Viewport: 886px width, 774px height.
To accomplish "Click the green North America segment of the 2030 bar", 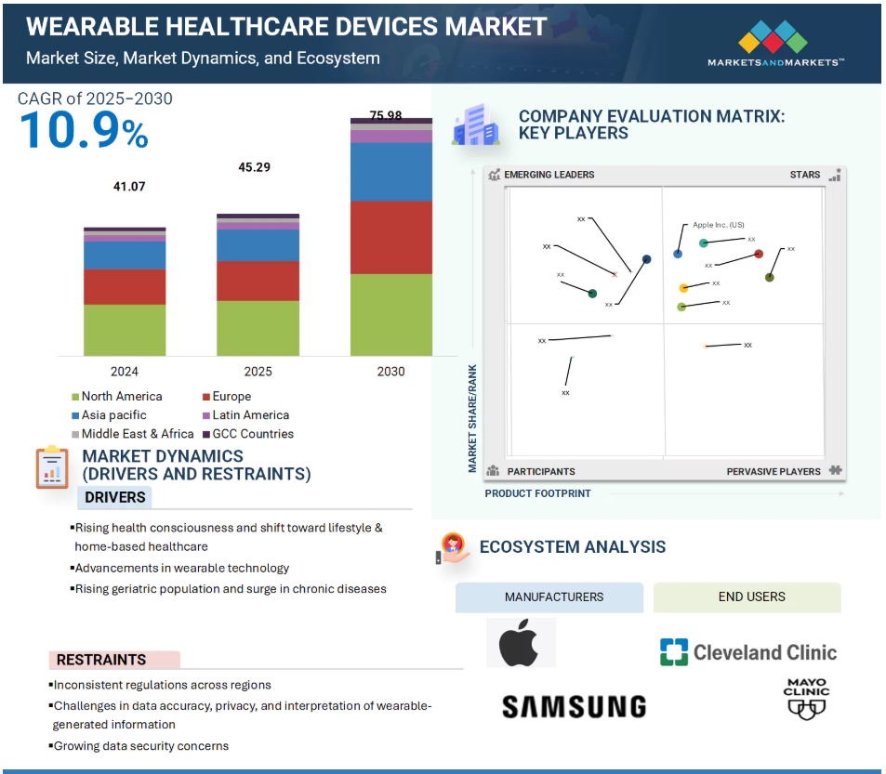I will click(390, 314).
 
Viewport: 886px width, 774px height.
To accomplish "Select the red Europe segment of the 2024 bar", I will click(125, 287).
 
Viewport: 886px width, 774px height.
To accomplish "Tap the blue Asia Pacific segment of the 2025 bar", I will click(258, 245).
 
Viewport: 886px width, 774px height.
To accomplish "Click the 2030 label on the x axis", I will click(390, 372).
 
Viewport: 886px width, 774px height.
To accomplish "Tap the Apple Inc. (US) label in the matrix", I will click(718, 225).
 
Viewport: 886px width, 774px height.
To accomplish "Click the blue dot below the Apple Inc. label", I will click(678, 254).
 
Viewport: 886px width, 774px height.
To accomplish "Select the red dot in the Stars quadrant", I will click(759, 254).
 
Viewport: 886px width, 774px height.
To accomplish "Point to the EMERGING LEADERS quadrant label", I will click(549, 175).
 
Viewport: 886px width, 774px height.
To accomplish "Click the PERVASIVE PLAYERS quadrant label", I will click(774, 471).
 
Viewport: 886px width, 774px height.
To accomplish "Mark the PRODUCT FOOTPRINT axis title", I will click(537, 493).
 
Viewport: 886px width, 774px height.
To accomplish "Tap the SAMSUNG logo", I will click(574, 707).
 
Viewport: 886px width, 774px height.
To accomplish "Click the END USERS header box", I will click(751, 597).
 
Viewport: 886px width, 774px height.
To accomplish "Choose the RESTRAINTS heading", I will click(101, 660).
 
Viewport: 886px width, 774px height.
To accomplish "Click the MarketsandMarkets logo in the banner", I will click(775, 45).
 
